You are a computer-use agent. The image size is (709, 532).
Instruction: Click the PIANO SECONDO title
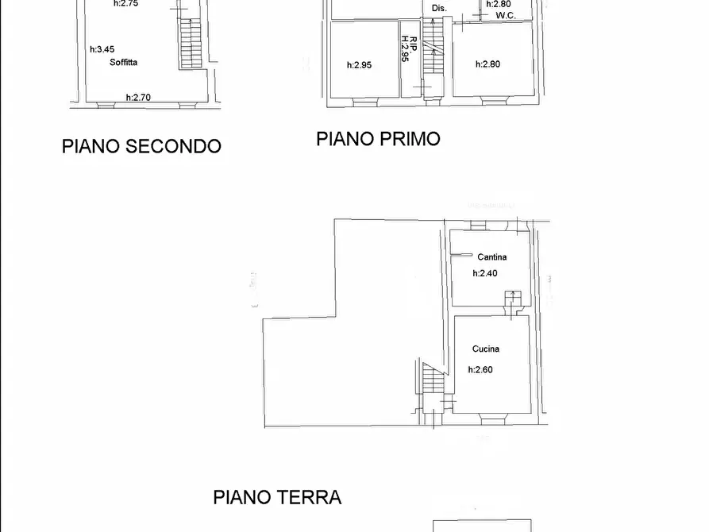click(141, 146)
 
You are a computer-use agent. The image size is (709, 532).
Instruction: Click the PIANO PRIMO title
click(378, 139)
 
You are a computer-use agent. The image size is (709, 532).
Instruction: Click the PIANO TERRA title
click(277, 498)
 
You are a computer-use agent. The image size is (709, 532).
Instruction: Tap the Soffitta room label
click(125, 62)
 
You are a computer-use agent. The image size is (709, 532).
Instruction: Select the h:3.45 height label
click(103, 49)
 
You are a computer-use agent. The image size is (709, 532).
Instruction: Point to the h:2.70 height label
click(138, 98)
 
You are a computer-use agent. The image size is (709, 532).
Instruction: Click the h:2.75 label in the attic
click(126, 4)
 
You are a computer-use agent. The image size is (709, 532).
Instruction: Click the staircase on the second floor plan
click(190, 44)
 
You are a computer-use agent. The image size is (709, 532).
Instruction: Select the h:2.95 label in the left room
click(359, 65)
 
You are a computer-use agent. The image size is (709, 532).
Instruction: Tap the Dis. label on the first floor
click(439, 8)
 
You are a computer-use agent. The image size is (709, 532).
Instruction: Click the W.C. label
click(506, 15)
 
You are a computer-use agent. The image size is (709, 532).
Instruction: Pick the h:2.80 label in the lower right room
click(487, 65)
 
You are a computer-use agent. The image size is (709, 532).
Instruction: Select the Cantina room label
click(491, 257)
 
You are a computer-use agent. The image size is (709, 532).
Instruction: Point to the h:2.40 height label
click(484, 273)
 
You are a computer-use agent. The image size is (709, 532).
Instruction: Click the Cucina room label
click(485, 349)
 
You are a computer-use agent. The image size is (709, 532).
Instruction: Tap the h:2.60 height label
click(480, 369)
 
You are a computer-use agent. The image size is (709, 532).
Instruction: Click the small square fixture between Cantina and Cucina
click(512, 298)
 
